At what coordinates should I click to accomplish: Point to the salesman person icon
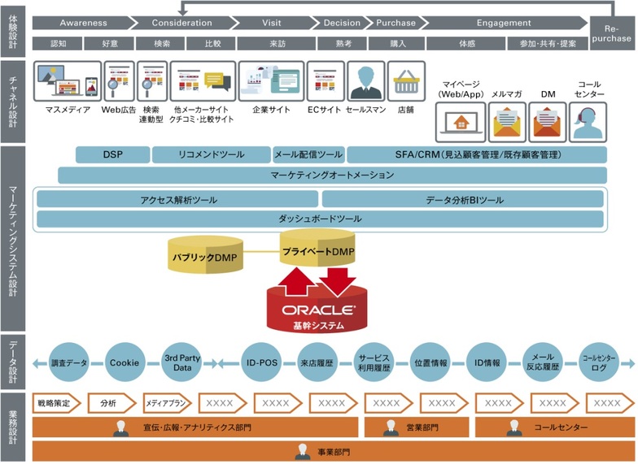click(365, 81)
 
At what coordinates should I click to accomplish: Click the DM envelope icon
click(548, 123)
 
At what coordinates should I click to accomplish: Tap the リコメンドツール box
click(211, 154)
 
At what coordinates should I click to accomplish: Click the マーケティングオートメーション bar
click(331, 175)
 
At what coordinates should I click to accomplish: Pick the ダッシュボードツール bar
click(320, 219)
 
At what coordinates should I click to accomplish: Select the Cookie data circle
click(125, 362)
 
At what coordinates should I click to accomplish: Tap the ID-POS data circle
click(261, 362)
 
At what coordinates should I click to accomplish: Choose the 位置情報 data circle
click(430, 362)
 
